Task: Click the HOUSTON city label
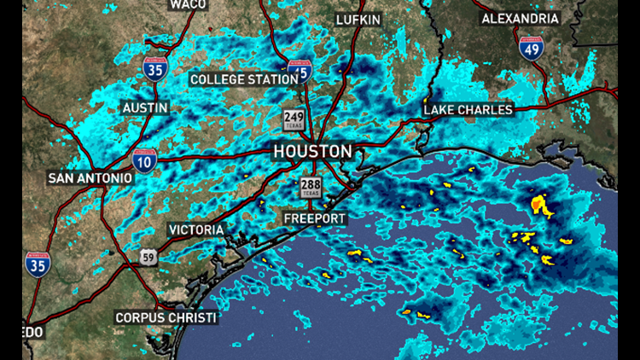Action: point(312,152)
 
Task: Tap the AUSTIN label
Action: point(145,108)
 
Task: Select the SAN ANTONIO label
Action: point(90,177)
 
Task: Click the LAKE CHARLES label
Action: point(468,109)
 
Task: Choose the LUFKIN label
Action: point(358,20)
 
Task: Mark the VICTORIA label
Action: point(196,229)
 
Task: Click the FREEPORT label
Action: point(315,219)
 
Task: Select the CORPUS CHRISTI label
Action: point(166,317)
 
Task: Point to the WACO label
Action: point(188,4)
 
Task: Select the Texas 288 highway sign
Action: point(310,189)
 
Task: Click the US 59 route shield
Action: point(148,257)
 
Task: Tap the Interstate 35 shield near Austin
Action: point(154,68)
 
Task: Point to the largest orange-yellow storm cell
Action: point(539,205)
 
